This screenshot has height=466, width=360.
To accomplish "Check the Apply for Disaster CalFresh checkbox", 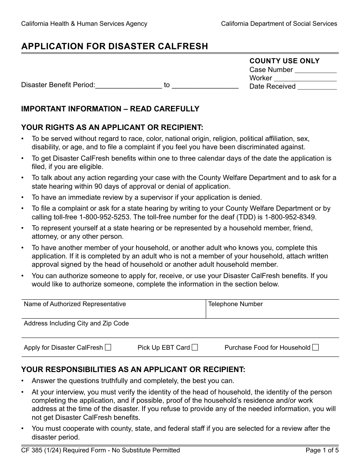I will tap(108, 347).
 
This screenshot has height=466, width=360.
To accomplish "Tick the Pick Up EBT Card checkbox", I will tap(195, 347).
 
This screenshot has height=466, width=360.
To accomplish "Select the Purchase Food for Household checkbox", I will tap(315, 347).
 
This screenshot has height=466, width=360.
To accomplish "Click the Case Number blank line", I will tap(315, 71).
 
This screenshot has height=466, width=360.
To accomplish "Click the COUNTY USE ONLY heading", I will tap(284, 61).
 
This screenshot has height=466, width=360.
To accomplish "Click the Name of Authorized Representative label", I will tap(75, 304).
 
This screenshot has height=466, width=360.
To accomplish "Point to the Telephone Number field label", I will tap(235, 304).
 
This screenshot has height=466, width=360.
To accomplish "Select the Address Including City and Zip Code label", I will tap(76, 323).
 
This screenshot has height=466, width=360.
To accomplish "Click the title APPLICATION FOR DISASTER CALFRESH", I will tap(114, 46).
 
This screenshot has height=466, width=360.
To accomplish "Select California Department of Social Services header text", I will tap(279, 23).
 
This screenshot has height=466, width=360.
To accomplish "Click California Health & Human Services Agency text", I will tap(84, 23).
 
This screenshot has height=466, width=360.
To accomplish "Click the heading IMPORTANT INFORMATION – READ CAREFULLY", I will tap(110, 109).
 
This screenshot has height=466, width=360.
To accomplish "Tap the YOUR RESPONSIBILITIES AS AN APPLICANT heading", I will tap(133, 369).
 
